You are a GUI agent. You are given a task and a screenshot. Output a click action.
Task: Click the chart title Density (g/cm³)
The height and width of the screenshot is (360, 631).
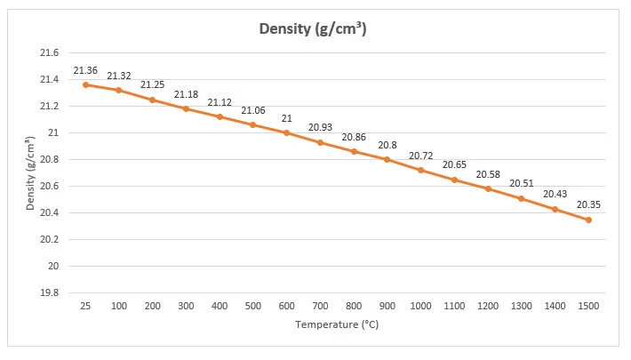(x=313, y=28)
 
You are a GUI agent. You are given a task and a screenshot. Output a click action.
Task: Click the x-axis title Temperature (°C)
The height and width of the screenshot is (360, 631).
(x=337, y=324)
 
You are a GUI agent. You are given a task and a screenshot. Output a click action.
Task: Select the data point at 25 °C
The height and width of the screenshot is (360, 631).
(x=85, y=84)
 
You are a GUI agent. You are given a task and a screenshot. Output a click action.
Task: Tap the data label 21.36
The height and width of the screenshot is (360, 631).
(x=85, y=70)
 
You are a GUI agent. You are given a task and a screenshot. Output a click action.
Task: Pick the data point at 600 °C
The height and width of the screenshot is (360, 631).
(x=286, y=132)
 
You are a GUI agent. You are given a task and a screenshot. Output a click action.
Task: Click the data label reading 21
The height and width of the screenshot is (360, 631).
(x=286, y=118)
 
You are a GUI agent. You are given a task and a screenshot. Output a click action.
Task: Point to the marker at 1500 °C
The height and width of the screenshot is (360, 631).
(x=588, y=220)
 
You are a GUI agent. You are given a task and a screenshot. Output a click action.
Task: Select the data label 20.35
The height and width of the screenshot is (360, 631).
(x=588, y=204)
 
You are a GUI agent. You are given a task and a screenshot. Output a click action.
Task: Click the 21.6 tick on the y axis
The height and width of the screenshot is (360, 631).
(x=51, y=52)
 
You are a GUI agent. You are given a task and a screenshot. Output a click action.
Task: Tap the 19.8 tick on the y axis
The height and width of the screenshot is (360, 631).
(x=51, y=293)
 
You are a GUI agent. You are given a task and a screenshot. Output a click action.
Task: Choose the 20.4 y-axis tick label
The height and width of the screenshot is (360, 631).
(x=51, y=213)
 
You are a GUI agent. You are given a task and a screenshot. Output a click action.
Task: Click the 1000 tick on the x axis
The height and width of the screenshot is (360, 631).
(x=420, y=306)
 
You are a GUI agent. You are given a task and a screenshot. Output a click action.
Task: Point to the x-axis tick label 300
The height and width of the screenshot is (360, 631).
(x=186, y=306)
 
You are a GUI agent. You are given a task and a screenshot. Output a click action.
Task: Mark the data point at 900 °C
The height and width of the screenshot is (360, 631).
(x=387, y=159)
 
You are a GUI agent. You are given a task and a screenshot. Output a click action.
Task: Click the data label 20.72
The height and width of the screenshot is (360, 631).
(x=420, y=156)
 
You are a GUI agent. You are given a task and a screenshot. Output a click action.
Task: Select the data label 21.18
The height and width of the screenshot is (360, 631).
(x=186, y=94)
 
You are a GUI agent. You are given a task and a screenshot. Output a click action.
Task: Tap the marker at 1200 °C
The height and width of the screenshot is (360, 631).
(x=488, y=188)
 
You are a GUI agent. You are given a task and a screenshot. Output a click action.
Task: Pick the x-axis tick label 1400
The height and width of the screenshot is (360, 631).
(x=555, y=306)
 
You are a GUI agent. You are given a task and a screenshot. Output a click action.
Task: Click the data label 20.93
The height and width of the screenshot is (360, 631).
(x=320, y=128)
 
